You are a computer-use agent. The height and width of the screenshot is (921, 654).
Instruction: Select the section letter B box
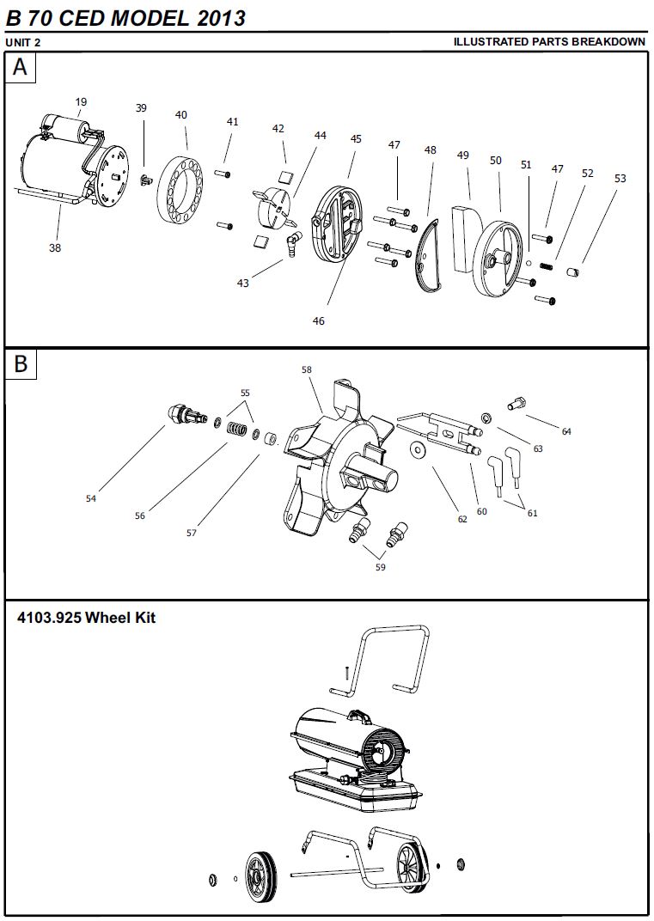21,363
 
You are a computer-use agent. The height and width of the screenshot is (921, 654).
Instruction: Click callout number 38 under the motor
55,247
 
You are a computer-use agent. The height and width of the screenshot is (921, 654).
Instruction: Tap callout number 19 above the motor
81,102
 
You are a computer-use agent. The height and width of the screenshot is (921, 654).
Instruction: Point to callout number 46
319,320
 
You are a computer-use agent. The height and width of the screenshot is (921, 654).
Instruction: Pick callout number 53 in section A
620,179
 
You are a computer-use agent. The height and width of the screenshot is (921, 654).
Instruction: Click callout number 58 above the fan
307,369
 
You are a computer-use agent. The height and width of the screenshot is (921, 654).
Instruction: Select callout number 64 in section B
566,431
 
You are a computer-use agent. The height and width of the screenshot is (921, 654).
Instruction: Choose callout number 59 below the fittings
381,566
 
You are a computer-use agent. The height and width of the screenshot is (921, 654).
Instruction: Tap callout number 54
91,498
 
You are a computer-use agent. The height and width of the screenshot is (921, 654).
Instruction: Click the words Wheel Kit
121,618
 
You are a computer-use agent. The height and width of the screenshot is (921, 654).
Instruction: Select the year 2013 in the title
218,17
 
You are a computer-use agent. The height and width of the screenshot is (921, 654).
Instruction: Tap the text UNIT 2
24,42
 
